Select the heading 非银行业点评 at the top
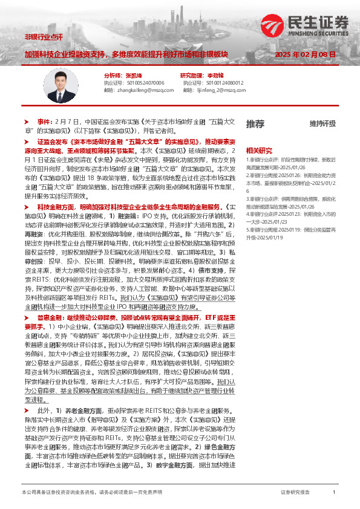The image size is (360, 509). pyautogui.click(x=43, y=37)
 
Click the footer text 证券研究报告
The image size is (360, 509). pyautogui.click(x=295, y=493)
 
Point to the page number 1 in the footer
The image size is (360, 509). pyautogui.click(x=334, y=493)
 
